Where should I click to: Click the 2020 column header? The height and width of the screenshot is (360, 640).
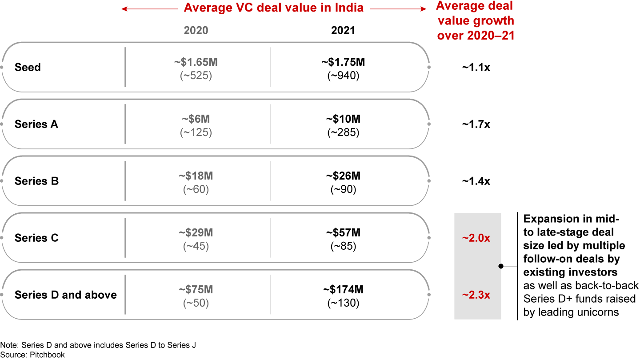[x=196, y=30]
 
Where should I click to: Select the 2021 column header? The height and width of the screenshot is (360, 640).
[x=343, y=30]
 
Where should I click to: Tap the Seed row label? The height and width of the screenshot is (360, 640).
[x=28, y=67]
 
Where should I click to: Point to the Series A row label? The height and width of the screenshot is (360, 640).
[x=36, y=124]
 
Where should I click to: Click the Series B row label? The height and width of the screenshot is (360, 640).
[x=36, y=181]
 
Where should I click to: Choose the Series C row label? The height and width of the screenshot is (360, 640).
[x=36, y=238]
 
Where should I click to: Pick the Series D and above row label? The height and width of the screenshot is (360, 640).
[x=65, y=295]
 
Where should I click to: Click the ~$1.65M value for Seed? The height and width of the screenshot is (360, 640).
[x=196, y=62]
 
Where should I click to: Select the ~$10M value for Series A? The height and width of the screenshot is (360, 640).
[x=343, y=119]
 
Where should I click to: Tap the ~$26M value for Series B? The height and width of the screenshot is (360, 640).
[x=343, y=176]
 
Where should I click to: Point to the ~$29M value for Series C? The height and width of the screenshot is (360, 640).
[x=196, y=233]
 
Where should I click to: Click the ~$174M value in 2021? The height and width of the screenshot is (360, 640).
[x=343, y=290]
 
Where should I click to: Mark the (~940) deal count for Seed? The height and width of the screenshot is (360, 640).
[x=343, y=76]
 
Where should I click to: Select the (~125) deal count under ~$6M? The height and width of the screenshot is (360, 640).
[x=196, y=133]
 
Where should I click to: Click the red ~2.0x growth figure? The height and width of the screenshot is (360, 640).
[x=476, y=238]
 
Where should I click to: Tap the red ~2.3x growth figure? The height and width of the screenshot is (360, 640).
[x=476, y=295]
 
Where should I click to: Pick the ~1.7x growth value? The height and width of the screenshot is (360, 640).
[x=476, y=124]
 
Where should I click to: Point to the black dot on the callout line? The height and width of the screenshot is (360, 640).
[x=501, y=266]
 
